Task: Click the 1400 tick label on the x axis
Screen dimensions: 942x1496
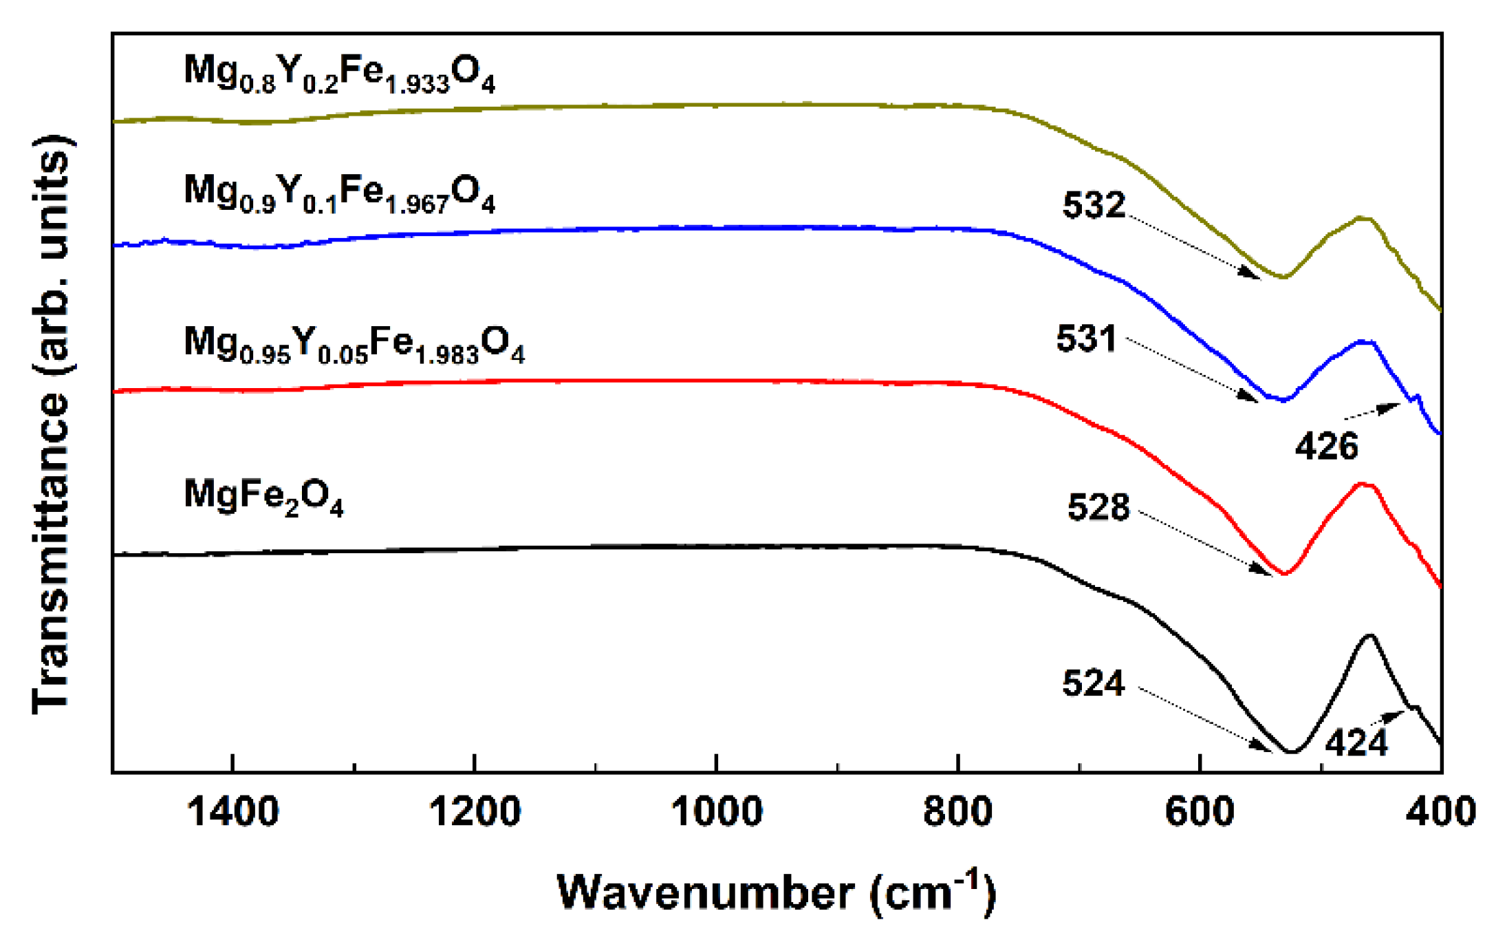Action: (x=232, y=812)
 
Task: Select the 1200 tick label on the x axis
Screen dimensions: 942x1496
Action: (x=475, y=812)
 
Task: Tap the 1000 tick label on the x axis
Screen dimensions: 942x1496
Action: (x=717, y=812)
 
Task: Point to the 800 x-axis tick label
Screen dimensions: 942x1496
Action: (x=957, y=812)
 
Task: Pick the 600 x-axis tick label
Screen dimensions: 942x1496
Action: (x=1200, y=812)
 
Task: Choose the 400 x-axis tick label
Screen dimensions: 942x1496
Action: (x=1440, y=812)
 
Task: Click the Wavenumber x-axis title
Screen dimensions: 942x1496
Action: (x=776, y=892)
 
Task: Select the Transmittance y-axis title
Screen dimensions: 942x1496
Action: (x=52, y=425)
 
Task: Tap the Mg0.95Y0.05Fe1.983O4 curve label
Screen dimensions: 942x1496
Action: (x=354, y=344)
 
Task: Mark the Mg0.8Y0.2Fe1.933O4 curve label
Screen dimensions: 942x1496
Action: (x=339, y=74)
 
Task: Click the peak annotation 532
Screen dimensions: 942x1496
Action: (x=1094, y=205)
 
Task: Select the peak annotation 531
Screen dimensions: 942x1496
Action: (x=1087, y=339)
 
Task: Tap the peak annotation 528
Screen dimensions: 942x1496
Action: (x=1098, y=507)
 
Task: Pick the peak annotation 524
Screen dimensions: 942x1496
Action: (x=1094, y=683)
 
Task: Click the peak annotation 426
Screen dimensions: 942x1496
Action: (x=1326, y=446)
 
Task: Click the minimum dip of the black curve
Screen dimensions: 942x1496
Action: (x=1291, y=752)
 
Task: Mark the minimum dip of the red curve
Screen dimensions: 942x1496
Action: (x=1283, y=574)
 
